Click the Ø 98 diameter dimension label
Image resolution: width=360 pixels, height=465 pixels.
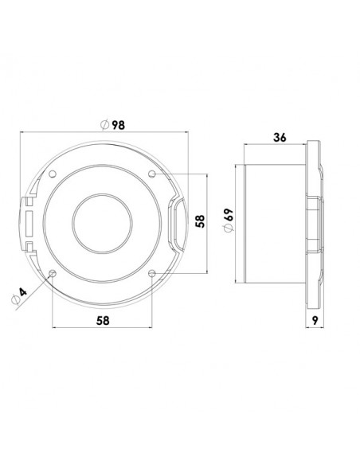112,125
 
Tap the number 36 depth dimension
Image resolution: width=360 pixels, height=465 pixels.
280,138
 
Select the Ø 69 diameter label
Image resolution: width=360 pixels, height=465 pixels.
229,221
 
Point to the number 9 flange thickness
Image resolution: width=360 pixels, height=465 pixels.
315,320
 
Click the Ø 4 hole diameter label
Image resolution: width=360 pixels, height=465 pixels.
18,296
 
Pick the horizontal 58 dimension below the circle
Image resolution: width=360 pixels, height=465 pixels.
103,321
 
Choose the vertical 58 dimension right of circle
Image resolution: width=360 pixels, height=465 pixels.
201,221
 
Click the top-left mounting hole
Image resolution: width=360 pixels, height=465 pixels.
53,174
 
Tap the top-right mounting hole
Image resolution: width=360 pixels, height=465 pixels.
152,174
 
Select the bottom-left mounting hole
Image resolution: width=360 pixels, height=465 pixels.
53,273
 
